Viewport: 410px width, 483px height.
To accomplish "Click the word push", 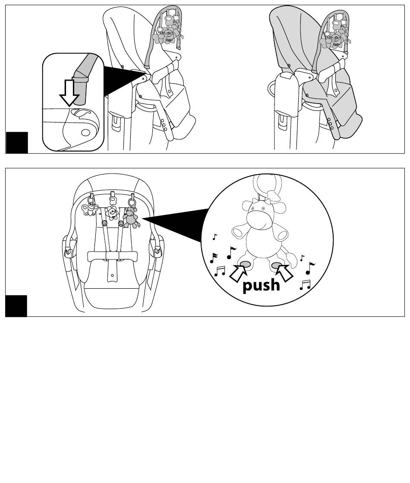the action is [x=261, y=285].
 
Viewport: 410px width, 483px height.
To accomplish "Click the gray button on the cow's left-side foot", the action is [x=244, y=264].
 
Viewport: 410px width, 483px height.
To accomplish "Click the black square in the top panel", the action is [x=16, y=142].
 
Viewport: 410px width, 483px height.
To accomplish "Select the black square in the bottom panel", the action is [x=16, y=306].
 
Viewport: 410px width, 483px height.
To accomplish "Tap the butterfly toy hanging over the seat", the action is [x=90, y=209].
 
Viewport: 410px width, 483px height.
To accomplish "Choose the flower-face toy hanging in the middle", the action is [x=113, y=212].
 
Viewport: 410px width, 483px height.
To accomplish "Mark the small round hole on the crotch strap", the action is [x=112, y=275].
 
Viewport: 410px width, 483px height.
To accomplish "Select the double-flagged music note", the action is [x=213, y=258].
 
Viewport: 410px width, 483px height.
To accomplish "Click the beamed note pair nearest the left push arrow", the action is [x=220, y=271].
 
